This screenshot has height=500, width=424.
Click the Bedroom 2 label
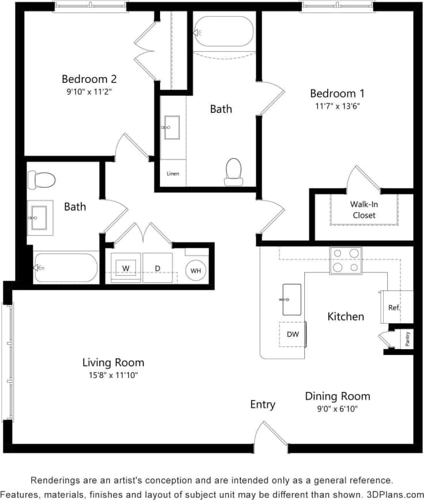[89, 79]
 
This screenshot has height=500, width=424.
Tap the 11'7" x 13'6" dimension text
[338, 106]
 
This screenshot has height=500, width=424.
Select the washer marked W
[125, 268]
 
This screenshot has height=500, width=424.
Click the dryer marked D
[157, 268]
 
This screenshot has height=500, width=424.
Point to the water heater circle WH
[196, 270]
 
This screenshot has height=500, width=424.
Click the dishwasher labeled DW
[292, 335]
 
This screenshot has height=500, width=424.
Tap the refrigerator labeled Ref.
[394, 308]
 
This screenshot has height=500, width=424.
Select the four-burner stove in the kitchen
[346, 260]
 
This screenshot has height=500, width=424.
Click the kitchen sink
[291, 300]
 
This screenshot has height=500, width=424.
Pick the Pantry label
[407, 338]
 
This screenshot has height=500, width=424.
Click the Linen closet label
[173, 173]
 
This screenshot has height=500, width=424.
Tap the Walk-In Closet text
[364, 210]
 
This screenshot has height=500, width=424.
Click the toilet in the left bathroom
[41, 180]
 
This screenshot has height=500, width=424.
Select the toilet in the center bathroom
[233, 172]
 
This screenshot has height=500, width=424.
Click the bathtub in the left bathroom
[66, 268]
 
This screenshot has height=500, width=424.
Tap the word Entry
[262, 404]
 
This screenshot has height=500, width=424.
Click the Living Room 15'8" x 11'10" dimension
[113, 375]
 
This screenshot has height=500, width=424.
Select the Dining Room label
[338, 396]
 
